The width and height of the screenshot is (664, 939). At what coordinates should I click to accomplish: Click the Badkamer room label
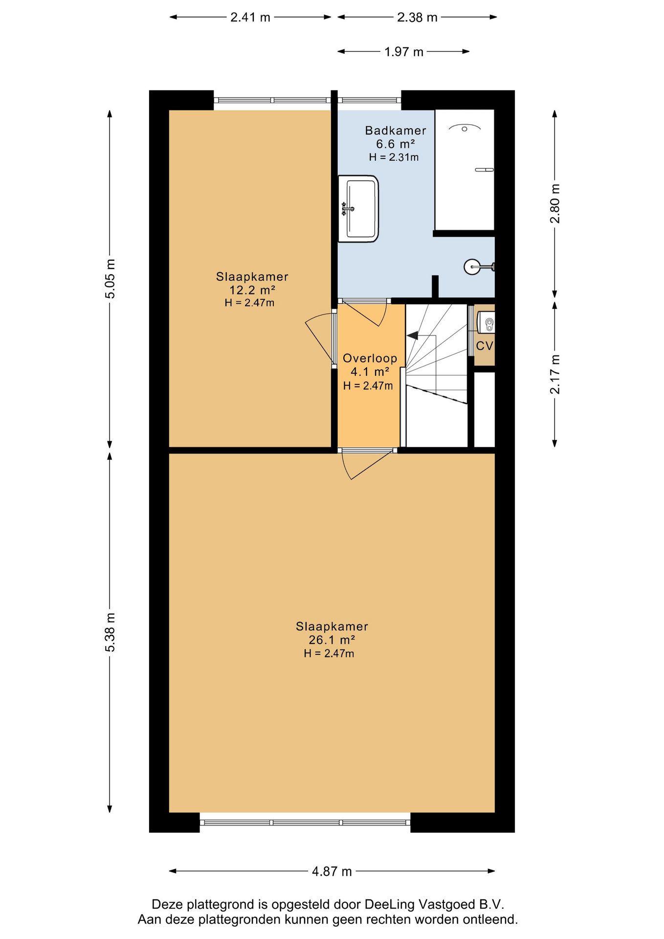[396, 131]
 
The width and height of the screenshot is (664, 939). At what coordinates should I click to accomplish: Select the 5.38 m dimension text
[111, 632]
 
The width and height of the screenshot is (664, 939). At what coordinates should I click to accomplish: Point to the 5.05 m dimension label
[111, 279]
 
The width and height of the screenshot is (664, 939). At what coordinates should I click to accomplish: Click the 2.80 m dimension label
[555, 203]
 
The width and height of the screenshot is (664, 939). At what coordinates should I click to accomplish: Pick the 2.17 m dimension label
[555, 374]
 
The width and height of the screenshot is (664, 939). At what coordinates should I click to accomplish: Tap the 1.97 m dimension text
[404, 52]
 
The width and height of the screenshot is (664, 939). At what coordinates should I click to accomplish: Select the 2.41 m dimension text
[250, 18]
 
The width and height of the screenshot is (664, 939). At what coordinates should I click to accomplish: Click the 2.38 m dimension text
[417, 18]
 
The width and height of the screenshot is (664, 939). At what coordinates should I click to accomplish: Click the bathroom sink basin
[359, 209]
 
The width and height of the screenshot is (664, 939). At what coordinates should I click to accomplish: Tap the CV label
[485, 346]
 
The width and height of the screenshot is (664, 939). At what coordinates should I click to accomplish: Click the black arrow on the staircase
[413, 335]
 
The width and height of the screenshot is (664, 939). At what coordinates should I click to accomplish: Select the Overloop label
[370, 358]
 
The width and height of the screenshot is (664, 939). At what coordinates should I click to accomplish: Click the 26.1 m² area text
[332, 640]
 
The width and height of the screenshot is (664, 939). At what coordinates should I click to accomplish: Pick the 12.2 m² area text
[252, 290]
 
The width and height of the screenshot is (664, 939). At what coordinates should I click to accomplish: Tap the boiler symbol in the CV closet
[487, 323]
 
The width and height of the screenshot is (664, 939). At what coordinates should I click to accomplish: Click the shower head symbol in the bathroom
[465, 128]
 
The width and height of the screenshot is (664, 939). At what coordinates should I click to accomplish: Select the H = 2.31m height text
[394, 157]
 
